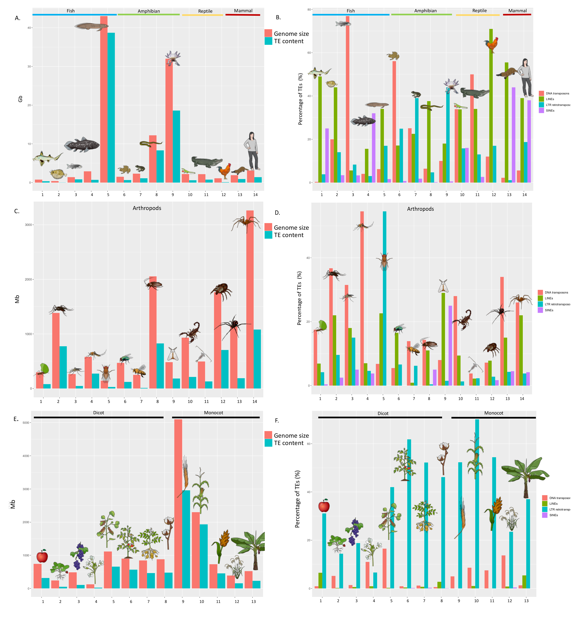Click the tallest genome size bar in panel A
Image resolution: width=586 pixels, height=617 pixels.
[x=104, y=100]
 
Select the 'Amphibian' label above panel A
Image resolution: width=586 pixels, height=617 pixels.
[x=149, y=11]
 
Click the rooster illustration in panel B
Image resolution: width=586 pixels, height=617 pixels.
[x=491, y=45]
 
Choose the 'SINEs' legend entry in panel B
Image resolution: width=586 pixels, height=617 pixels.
[x=550, y=110]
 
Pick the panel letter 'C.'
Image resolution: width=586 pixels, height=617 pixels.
[x=17, y=211]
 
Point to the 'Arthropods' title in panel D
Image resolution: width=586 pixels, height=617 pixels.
[x=420, y=209]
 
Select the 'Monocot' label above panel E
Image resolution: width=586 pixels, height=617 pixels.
[x=213, y=413]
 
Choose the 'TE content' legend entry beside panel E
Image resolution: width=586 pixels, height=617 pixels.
[x=288, y=443]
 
